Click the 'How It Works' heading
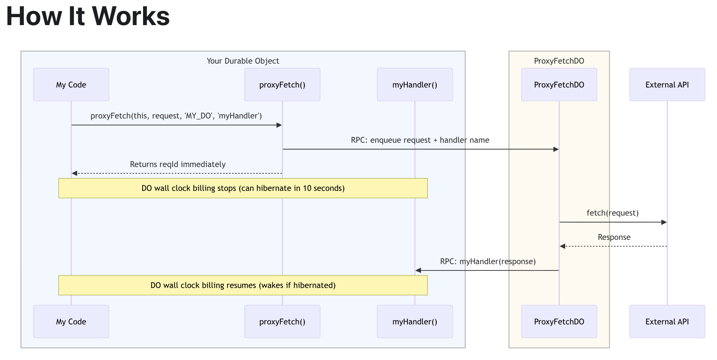pos(88,17)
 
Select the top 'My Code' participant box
pos(71,85)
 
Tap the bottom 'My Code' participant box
pos(71,321)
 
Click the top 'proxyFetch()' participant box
pos(282,85)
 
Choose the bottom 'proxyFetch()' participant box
pos(282,321)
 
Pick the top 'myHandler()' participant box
pos(415,85)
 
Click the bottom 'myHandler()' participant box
pos(415,321)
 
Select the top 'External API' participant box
pos(667,85)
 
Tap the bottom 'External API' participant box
pos(667,321)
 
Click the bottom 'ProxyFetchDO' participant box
pos(559,321)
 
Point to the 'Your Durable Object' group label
pos(243,61)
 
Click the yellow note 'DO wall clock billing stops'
pos(243,188)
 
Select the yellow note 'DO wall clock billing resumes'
pos(243,285)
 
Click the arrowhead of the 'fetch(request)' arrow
pos(664,222)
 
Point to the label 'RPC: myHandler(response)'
pos(488,262)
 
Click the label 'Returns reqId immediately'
pos(178,165)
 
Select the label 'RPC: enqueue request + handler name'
pos(420,140)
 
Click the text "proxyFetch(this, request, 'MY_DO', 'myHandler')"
pos(176,116)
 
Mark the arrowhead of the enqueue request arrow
pos(556,149)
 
